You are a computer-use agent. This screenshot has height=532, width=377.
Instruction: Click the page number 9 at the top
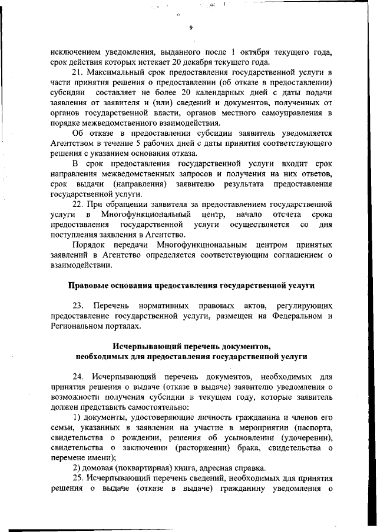click(x=191, y=28)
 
